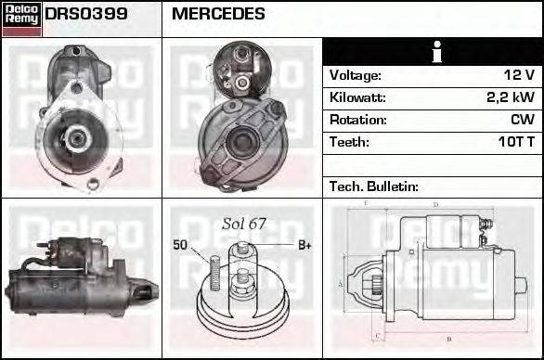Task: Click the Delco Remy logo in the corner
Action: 21,19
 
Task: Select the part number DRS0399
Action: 86,15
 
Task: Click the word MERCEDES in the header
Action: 218,15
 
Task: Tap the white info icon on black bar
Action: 433,52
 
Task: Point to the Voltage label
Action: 355,75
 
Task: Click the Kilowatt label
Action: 357,97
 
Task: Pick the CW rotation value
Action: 522,120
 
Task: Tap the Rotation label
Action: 357,120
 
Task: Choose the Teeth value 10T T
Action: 514,142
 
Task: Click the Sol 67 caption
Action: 243,225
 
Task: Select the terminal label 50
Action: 181,245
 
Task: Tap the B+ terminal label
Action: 304,245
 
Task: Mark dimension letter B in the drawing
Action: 449,339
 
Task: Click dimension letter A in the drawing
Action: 342,283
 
